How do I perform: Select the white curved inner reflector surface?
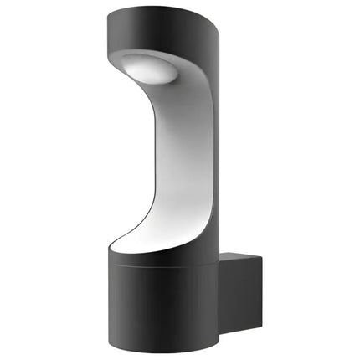[179, 159]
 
